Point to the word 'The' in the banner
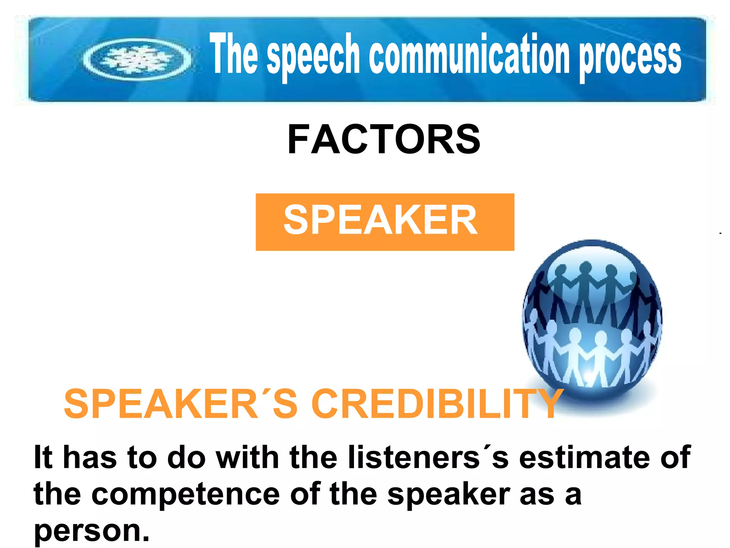click(233, 54)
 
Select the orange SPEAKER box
click(385, 222)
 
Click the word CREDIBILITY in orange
click(437, 404)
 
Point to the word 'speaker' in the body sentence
click(449, 495)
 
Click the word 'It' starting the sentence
click(43, 457)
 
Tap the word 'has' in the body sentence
click(90, 457)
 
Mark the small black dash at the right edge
click(720, 233)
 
